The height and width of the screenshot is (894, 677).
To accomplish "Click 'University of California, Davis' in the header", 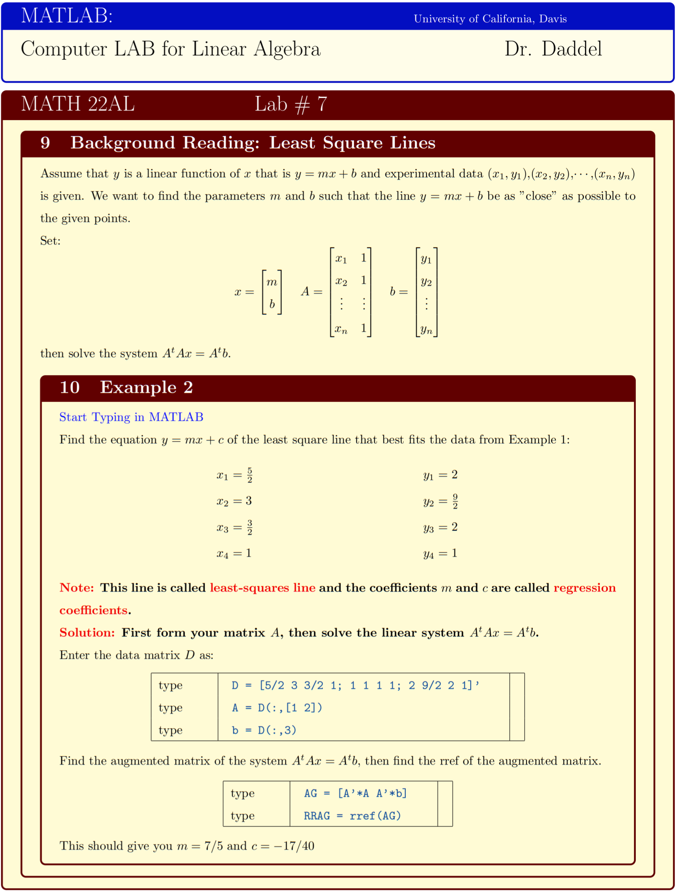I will click(490, 19).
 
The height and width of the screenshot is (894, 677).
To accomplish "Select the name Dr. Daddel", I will click(553, 49).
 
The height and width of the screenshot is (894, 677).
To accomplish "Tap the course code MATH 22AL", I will click(78, 104).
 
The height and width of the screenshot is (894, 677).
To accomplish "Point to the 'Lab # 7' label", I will click(290, 104).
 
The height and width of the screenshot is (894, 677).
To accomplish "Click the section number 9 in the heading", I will click(45, 143).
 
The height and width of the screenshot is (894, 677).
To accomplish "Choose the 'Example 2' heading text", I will click(146, 387).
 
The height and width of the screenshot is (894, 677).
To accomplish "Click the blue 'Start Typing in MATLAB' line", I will click(131, 417).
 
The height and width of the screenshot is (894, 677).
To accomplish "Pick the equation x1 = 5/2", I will click(235, 475).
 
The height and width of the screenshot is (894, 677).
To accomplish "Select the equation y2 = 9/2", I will click(441, 501).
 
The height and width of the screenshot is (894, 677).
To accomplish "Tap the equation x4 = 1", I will click(234, 553).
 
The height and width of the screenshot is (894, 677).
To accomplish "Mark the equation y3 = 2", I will click(440, 528).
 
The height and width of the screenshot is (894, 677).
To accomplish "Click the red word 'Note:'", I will click(77, 588).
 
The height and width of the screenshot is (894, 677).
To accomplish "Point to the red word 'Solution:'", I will click(87, 633).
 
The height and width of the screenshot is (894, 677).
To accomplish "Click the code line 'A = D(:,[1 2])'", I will click(277, 708).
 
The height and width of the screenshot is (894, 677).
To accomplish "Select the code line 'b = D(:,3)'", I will click(264, 730).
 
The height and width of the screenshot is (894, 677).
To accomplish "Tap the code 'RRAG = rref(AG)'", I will click(352, 816).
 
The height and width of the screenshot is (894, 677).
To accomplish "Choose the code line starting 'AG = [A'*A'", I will click(355, 793).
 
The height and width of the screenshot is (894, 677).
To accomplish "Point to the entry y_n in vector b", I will click(426, 330).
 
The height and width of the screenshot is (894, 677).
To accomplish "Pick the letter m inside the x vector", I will click(272, 282).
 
